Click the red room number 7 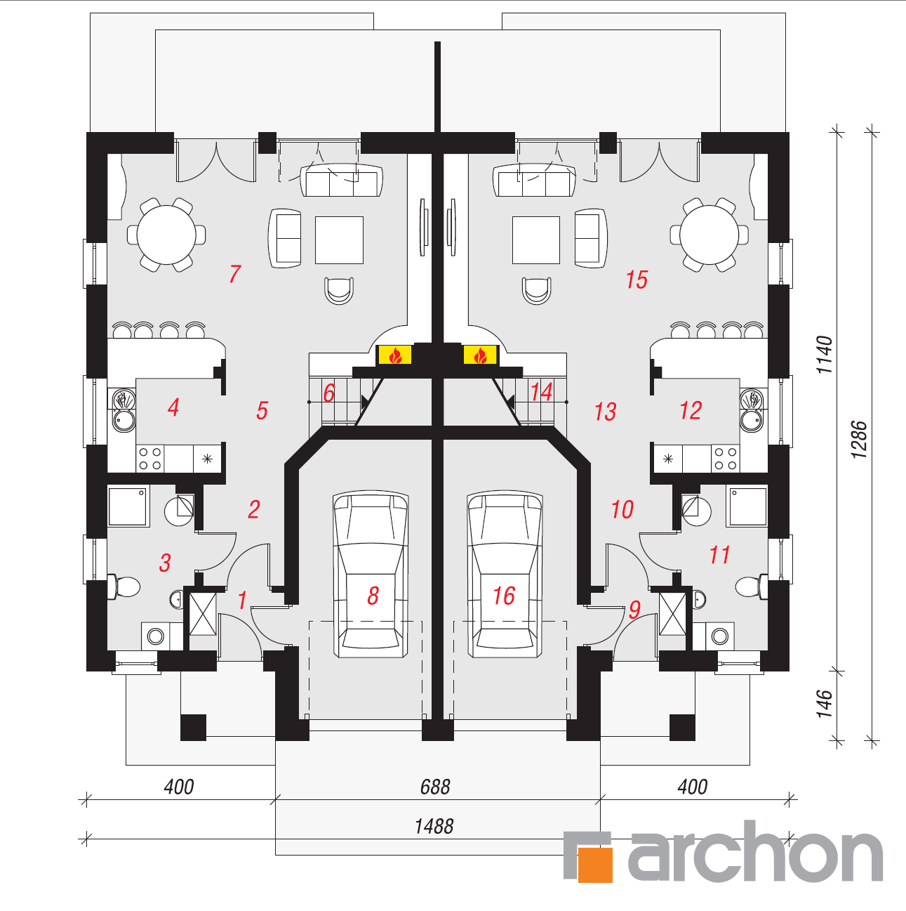[235, 274]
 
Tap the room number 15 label [637, 280]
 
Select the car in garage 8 [371, 575]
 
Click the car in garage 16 [505, 575]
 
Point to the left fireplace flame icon [395, 355]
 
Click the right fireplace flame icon [480, 355]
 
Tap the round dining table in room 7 [166, 235]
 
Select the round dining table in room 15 [710, 235]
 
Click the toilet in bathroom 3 [124, 587]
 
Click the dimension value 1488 [434, 827]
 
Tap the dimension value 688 [435, 787]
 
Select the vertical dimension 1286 [859, 439]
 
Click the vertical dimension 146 [825, 704]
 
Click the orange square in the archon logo [595, 865]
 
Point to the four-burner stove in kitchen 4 [150, 458]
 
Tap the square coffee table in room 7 [339, 240]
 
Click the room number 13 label [605, 412]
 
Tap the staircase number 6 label [329, 393]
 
